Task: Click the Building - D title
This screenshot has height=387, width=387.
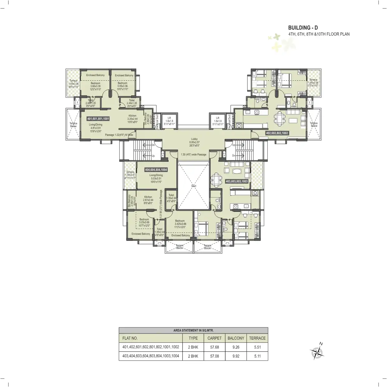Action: click(303, 28)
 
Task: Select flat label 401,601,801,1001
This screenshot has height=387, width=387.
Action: click(98, 119)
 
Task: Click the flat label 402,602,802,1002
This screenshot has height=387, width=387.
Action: click(277, 133)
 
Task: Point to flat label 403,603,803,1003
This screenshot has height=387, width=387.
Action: click(237, 181)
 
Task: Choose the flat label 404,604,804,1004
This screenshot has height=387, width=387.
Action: click(156, 170)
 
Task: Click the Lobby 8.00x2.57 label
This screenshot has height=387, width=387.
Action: click(194, 142)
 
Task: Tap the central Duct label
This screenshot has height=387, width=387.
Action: click(193, 186)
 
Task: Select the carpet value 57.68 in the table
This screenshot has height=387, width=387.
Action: click(214, 347)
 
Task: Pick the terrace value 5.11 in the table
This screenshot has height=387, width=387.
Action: click(257, 356)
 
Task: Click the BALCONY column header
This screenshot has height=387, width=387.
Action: click(236, 338)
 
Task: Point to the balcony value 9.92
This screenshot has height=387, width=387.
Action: click(236, 356)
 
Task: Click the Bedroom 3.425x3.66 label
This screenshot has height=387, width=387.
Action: click(180, 224)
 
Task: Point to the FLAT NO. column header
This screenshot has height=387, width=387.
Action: click(130, 338)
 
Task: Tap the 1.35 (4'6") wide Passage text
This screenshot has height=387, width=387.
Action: click(193, 155)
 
